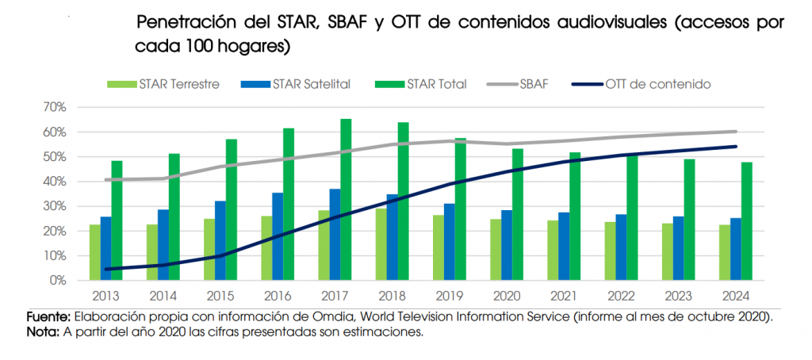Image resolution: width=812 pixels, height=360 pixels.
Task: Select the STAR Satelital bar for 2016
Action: pyautogui.click(x=277, y=236)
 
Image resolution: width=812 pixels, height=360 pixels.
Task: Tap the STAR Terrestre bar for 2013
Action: pyautogui.click(x=94, y=252)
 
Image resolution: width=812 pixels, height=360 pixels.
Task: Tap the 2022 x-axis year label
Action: pyautogui.click(x=621, y=297)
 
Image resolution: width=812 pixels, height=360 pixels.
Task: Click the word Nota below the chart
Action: pyautogui.click(x=43, y=332)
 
